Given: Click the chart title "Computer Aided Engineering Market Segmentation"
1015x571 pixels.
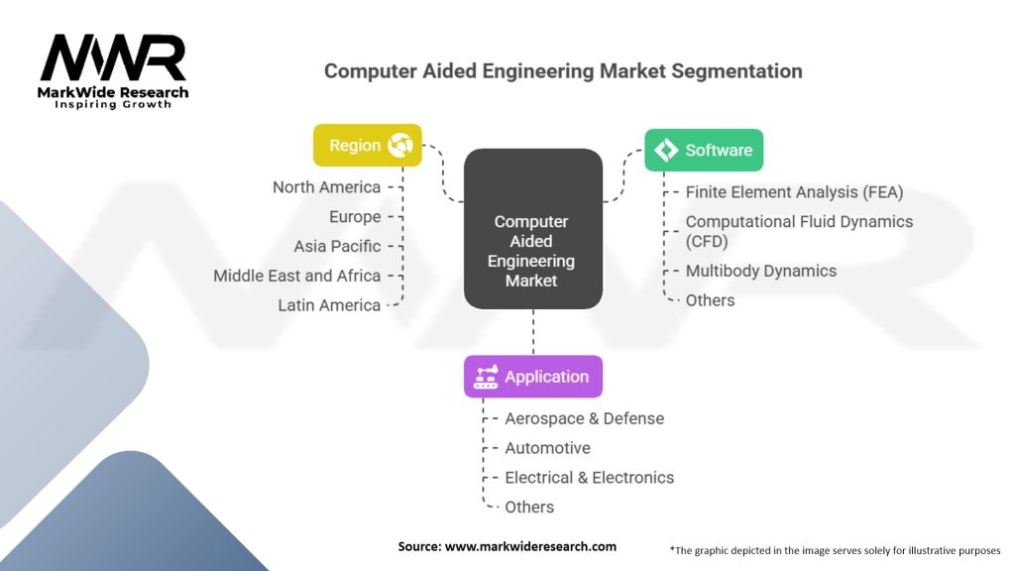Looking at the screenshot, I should coord(563,71).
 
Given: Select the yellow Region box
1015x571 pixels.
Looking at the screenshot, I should coord(367,145).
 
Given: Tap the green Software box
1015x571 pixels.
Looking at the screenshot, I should coord(704,150).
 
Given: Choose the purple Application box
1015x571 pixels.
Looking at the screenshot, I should coord(532,377).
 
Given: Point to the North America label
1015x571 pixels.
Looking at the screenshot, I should coord(326,187).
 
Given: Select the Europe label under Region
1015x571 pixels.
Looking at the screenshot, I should coord(354,216).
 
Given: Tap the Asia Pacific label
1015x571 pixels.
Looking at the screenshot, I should coord(337,246).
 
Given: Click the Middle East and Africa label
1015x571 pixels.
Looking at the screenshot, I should coord(296,276).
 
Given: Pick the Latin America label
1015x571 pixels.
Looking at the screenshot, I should coord(329,305).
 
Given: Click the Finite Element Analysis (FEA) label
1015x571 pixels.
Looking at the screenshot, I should coord(794,192).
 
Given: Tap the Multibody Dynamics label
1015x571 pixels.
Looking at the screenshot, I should coord(760,271).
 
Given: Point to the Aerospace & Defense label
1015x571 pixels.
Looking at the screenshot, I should coord(584,418).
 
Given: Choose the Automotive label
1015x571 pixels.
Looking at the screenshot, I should coord(547,448).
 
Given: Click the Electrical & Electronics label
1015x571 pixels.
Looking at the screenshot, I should coord(589,478).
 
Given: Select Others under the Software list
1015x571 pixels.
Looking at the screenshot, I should coord(710,300).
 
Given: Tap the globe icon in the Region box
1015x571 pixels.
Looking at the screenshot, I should coord(401,146).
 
